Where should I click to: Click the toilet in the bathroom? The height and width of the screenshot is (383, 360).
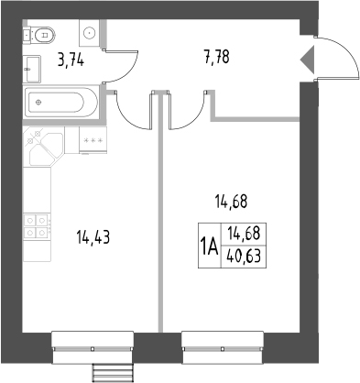[42, 35]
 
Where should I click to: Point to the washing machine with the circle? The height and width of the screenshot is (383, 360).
[91, 34]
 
